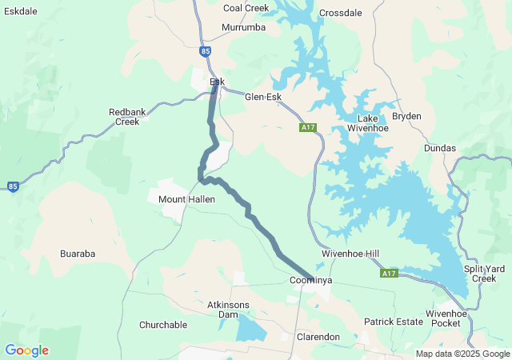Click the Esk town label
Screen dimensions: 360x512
pos(217,82)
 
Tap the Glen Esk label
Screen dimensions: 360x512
pos(263,97)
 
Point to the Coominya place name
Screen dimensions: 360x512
pos(310,281)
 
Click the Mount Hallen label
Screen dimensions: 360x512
pos(186,198)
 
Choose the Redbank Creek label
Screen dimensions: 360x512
pos(127,117)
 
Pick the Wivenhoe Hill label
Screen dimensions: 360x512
pos(350,254)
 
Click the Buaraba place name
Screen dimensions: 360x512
pos(78,254)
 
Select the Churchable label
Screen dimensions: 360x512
pos(162,325)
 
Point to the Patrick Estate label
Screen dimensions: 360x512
pos(393,322)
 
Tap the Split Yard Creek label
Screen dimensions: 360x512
pos(485,274)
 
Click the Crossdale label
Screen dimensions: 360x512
pos(340,13)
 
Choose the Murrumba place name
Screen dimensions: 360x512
pos(243,27)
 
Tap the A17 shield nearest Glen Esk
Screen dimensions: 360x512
pos(308,127)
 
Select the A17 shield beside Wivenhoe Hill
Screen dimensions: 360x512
pos(389,274)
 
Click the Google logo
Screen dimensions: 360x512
pos(26,350)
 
